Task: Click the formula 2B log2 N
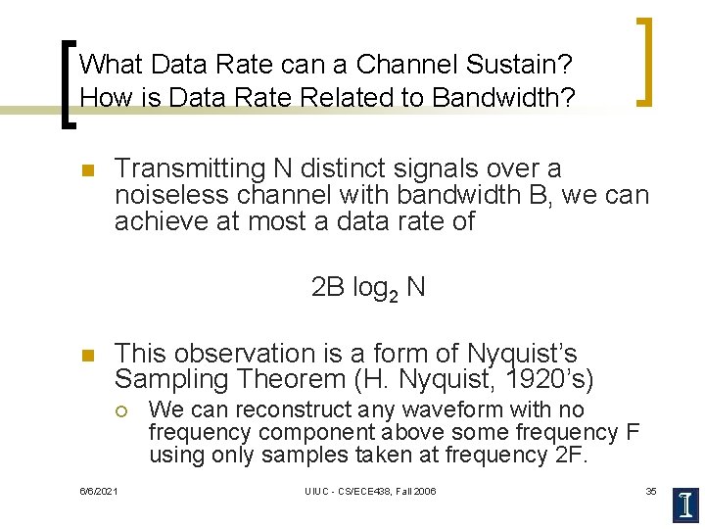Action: coord(367,288)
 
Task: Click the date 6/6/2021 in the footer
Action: coord(98,491)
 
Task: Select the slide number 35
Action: coord(651,491)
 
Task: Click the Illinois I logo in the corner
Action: coord(686,504)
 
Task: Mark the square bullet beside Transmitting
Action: coord(86,171)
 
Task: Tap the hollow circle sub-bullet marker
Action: coord(123,410)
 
